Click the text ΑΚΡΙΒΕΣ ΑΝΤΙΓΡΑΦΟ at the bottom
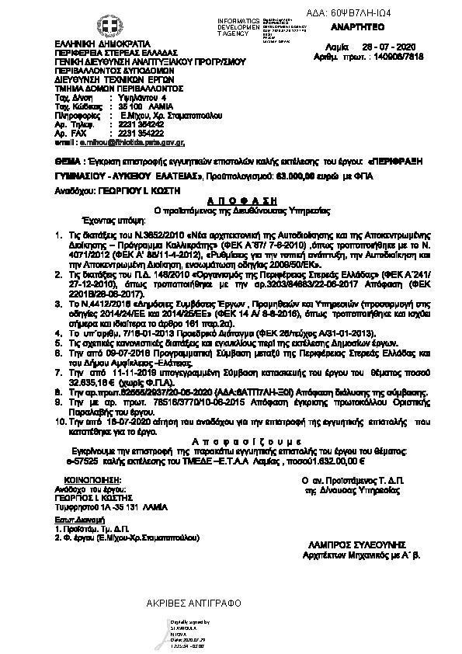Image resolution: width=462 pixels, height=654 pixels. (193, 603)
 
